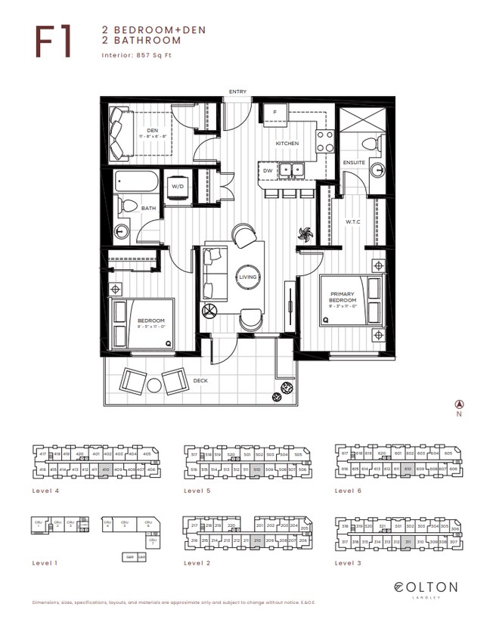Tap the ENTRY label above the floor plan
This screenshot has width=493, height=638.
[237, 92]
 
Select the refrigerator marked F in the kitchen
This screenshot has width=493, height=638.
[274, 113]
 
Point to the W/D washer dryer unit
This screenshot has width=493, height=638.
[178, 187]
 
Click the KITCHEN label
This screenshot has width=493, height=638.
[287, 144]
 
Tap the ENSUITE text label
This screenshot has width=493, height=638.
[353, 163]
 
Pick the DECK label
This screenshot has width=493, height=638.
[200, 381]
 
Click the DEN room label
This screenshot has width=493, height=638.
[151, 130]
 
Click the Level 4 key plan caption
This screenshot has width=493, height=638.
[45, 491]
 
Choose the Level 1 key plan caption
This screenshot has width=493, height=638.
[45, 563]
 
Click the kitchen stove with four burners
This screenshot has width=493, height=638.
[325, 139]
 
